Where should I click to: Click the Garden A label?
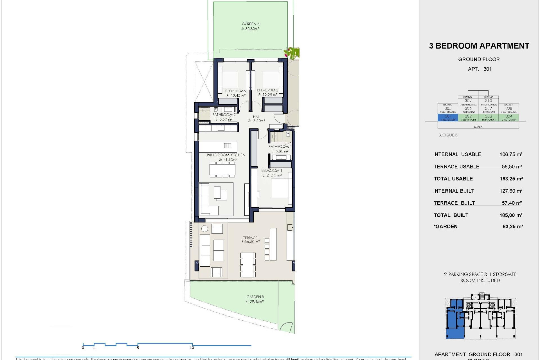point(251,24)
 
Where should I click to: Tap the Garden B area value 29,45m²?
point(255,301)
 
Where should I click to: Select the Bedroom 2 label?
point(235,91)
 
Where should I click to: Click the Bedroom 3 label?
point(267,90)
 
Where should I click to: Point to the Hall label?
point(257,117)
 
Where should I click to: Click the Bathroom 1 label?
point(280,147)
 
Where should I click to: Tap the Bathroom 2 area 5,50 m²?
point(224,119)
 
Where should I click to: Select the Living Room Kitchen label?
point(225,155)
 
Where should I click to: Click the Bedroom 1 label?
point(271,170)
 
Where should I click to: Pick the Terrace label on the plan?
point(250,238)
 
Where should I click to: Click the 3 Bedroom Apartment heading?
point(479,46)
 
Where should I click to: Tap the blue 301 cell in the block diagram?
point(448,116)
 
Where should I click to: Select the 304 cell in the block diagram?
point(508,116)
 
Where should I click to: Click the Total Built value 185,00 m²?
point(511,215)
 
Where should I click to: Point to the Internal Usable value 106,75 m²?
point(511,154)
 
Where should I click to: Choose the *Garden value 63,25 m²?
point(512,227)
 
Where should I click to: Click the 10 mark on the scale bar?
point(192,348)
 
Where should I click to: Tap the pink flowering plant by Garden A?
point(291,53)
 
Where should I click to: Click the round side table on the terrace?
point(204,228)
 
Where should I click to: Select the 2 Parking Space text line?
point(480,274)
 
